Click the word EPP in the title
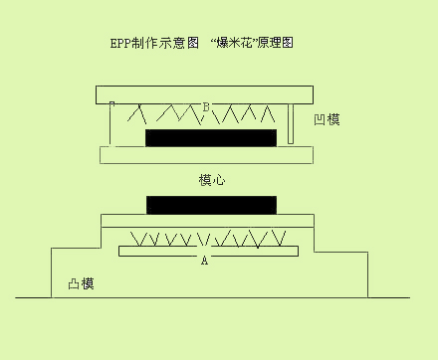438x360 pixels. click(x=121, y=44)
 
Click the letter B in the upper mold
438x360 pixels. click(x=206, y=106)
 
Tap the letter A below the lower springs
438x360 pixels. click(x=204, y=261)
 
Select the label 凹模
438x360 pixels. click(x=327, y=120)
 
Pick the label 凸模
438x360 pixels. click(x=81, y=283)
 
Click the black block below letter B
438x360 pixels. click(x=211, y=137)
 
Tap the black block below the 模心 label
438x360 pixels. click(x=211, y=205)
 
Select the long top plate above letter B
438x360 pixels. click(x=205, y=94)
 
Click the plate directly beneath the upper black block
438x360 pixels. click(x=206, y=155)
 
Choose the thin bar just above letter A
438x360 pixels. click(x=207, y=251)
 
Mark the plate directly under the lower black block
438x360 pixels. click(x=207, y=220)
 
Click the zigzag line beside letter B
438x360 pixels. click(x=169, y=115)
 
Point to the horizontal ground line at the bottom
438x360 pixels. click(x=211, y=297)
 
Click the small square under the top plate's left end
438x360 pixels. click(x=111, y=104)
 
